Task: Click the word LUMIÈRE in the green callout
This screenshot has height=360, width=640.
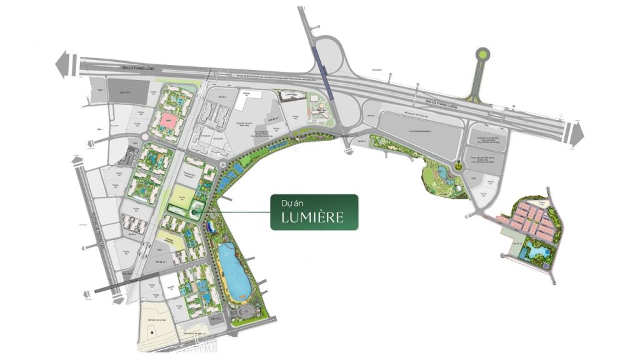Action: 314,218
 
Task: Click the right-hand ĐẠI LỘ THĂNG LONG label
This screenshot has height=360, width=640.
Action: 441,102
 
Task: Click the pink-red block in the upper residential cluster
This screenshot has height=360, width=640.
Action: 167,121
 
